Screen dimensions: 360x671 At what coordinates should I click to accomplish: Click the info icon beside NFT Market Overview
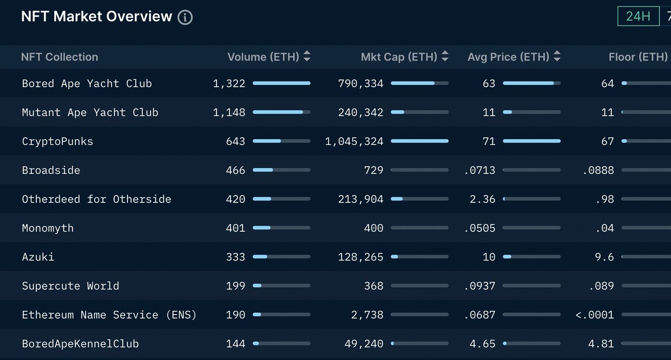pos(185,17)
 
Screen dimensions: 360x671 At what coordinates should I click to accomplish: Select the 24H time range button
pos(638,16)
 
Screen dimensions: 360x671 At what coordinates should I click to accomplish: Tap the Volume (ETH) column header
pos(263,56)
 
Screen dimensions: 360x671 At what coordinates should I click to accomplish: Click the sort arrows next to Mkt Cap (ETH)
pos(445,56)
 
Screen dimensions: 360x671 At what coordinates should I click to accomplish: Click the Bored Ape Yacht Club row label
pos(87,83)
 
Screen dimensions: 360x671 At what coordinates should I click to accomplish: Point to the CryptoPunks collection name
pos(57,141)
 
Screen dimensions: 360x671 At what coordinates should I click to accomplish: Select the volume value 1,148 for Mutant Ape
pos(229,112)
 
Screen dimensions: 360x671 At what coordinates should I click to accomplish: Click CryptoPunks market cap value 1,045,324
pos(354,141)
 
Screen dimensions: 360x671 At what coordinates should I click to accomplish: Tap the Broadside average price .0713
pos(480,170)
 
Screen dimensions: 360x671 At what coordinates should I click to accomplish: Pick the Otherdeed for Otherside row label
pos(96,199)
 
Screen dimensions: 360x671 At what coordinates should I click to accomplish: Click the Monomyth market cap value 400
pos(374,228)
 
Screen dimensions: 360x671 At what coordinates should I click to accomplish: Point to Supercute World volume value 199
pos(235,286)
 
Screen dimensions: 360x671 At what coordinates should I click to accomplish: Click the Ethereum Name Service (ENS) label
pos(109,315)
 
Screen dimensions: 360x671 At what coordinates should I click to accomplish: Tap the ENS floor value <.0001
pos(594,315)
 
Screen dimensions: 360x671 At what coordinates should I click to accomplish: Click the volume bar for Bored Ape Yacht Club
pos(281,83)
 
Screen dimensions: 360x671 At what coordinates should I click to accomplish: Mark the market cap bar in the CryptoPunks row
pos(419,141)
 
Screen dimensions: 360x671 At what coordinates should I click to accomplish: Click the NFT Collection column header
pos(59,56)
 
